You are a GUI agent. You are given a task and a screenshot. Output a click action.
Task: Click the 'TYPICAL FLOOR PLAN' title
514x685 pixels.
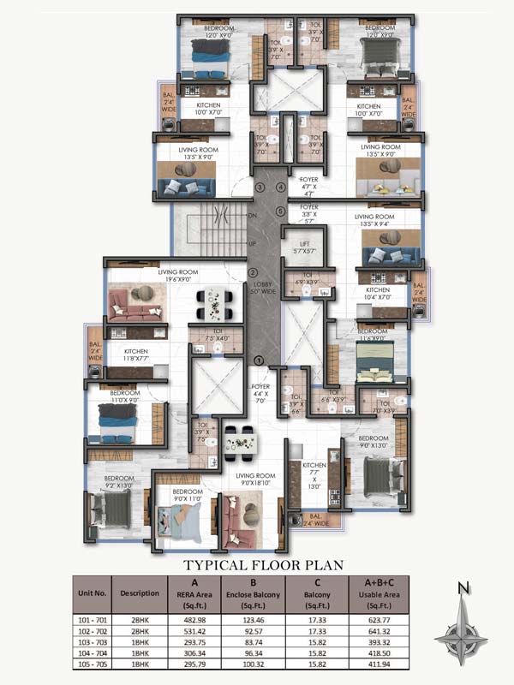coord(264,564)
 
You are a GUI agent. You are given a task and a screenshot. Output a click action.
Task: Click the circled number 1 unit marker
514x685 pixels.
coord(259,361)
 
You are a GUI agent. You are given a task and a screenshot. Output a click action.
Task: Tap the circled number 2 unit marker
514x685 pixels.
coord(254,273)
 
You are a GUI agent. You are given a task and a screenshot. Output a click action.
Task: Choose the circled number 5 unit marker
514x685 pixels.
coord(280,211)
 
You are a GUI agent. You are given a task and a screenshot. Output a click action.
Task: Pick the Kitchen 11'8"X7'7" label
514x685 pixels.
coord(136,355)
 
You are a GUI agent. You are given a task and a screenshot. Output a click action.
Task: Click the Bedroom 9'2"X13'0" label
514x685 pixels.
coord(117,482)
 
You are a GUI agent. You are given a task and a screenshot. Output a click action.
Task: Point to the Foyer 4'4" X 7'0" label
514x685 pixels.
coord(261,392)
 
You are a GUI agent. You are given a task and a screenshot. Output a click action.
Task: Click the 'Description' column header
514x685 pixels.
coord(139,593)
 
